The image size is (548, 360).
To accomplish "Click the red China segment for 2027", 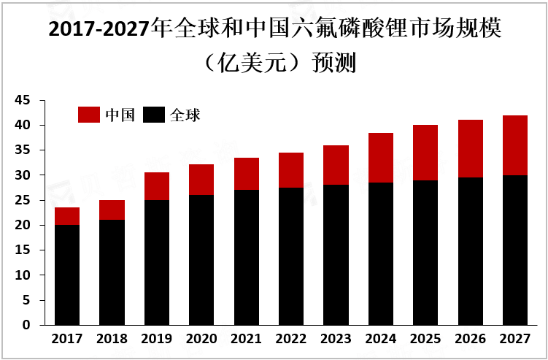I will [515, 145].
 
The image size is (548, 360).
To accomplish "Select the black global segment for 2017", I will [67, 275].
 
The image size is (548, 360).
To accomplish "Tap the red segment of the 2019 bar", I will [157, 186].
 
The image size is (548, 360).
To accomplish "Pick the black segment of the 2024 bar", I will [381, 253].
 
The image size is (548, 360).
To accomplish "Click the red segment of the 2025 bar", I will [425, 153].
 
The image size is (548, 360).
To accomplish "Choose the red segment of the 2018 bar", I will [112, 210].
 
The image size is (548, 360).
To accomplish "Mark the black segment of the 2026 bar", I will [471, 251].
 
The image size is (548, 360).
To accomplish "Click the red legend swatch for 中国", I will [88, 115].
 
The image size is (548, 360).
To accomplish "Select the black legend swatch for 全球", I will [154, 115].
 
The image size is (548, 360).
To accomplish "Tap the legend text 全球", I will [185, 115].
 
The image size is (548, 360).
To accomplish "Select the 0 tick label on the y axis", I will [26, 325].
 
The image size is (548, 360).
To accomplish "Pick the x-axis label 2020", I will [201, 340].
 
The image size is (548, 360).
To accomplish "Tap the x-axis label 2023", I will [336, 340].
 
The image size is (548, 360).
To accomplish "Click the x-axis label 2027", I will [515, 340].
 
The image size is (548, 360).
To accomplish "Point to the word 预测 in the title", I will [333, 63].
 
